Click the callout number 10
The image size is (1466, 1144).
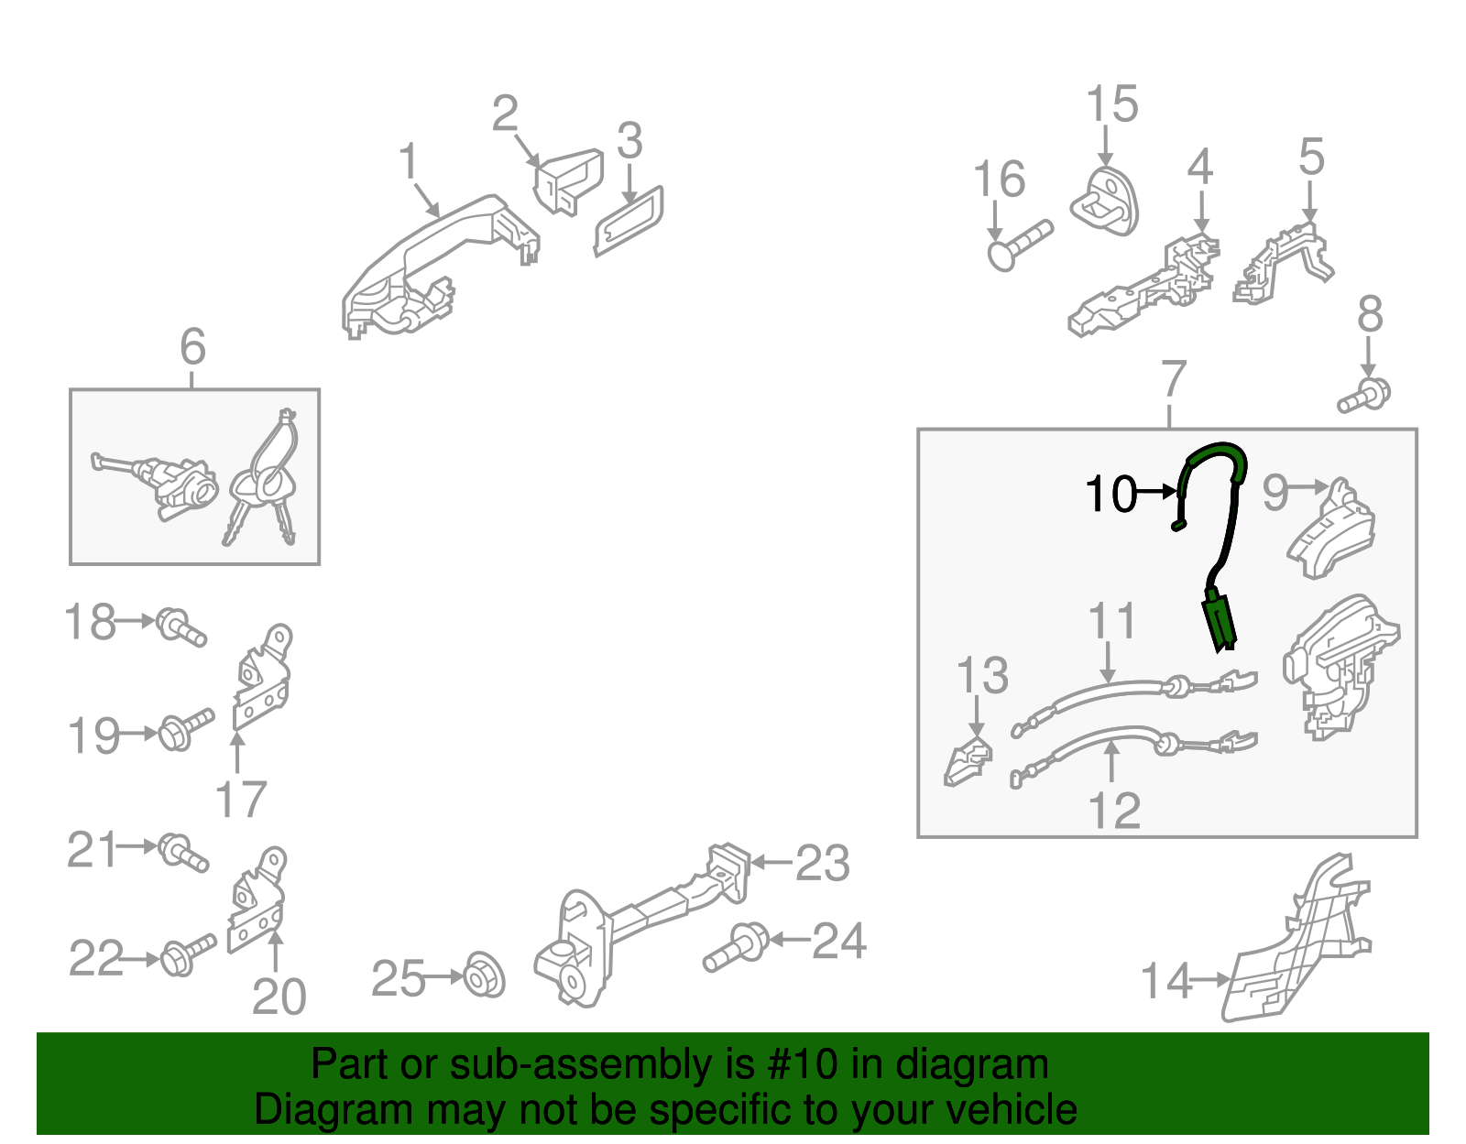(1110, 494)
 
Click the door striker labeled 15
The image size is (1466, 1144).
(1104, 202)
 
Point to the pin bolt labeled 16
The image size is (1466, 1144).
(1020, 245)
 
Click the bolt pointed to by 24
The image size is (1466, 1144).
(736, 947)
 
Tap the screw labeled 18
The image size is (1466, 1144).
(181, 626)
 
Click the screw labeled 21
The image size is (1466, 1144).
(183, 853)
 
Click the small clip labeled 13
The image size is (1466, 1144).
(968, 762)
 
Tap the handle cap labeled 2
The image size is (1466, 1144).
(568, 181)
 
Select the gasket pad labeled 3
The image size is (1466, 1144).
(629, 221)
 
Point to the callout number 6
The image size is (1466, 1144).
(192, 346)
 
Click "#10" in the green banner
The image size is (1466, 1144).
(802, 1065)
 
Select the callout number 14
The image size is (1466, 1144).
(1166, 982)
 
